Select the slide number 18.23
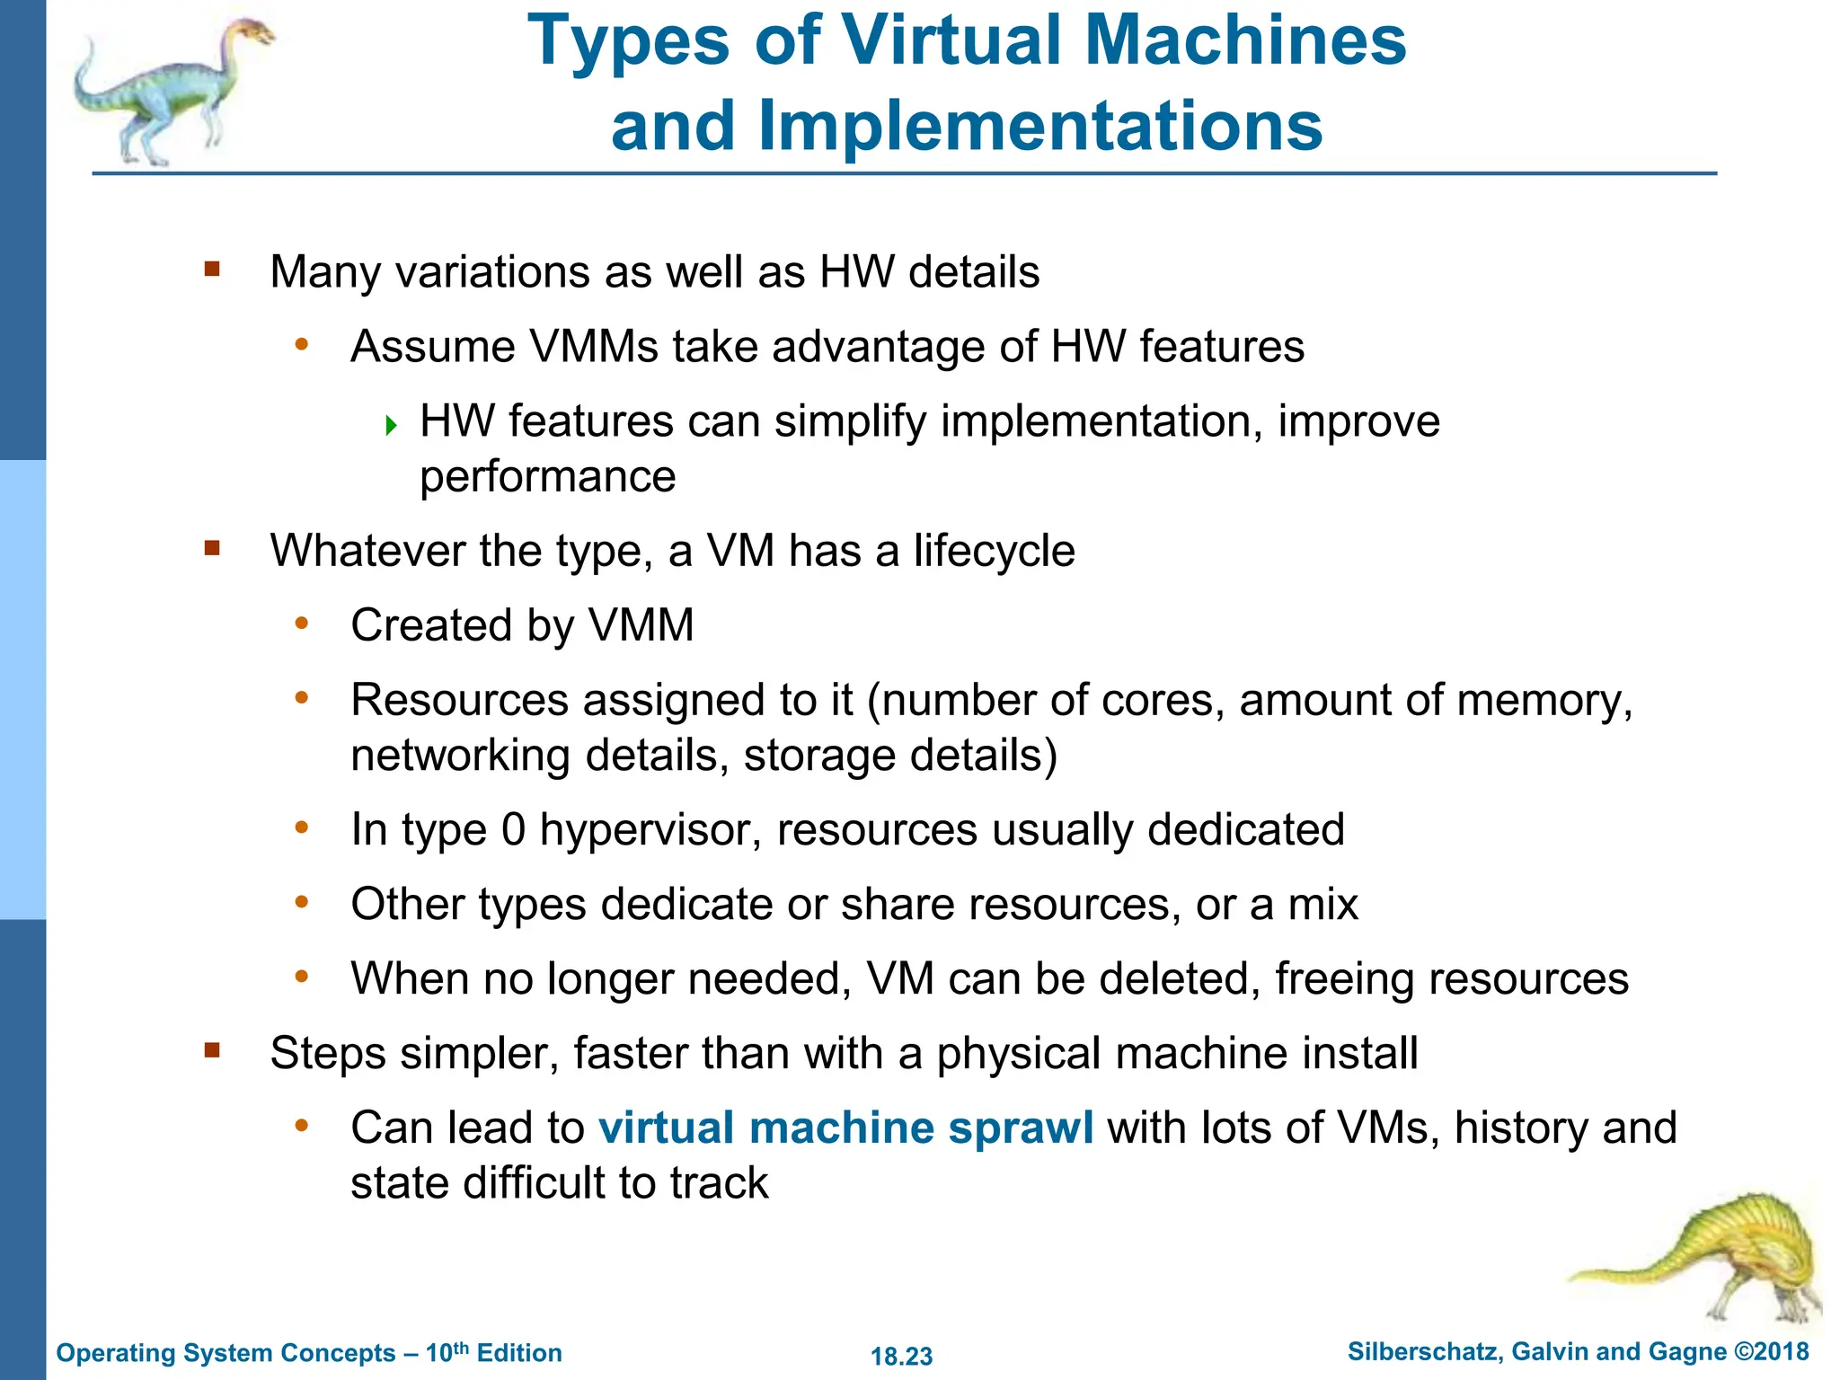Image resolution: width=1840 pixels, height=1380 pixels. coord(901,1356)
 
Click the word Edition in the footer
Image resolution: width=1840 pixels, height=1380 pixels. coord(519,1353)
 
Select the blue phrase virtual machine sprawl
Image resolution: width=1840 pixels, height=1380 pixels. coord(845,1128)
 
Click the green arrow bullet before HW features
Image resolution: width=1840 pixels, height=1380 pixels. coord(391,425)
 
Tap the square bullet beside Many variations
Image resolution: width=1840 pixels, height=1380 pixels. coord(212,269)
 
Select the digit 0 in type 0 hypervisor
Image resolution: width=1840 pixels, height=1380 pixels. coord(513,829)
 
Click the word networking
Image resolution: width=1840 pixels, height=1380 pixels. coord(461,756)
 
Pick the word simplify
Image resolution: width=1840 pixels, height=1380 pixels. coord(850,421)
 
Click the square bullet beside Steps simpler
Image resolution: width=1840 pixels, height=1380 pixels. coord(212,1050)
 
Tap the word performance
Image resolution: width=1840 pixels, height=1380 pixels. coord(547,477)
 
